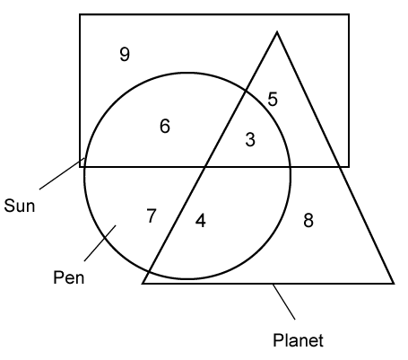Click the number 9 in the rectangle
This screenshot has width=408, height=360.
125,55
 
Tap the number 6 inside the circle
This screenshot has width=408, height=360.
165,126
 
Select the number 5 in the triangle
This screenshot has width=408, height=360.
273,99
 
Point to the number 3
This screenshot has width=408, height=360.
250,139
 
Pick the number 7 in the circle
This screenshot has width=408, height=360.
152,215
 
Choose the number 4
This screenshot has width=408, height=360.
201,221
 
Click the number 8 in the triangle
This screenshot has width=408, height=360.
308,220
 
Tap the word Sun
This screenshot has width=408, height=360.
20,206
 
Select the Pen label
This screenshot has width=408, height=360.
69,277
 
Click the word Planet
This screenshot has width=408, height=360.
298,340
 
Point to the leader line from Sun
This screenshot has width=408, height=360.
62,173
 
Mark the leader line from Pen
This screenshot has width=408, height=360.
100,243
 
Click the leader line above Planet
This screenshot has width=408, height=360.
283,302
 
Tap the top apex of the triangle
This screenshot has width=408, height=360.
277,31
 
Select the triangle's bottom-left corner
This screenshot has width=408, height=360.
143,283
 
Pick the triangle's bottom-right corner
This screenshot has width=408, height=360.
394,283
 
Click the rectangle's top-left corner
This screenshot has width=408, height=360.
80,14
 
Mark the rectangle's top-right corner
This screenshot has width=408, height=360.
349,14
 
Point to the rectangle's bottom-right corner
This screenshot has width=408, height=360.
349,167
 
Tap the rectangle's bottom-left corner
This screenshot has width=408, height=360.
80,167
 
